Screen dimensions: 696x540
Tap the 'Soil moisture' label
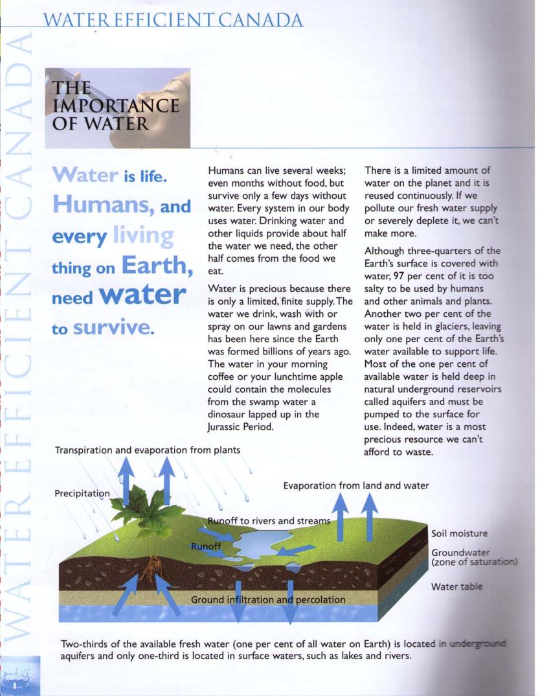(465, 533)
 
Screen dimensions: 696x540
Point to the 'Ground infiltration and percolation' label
(267, 599)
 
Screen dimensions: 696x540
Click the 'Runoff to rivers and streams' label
(269, 520)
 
